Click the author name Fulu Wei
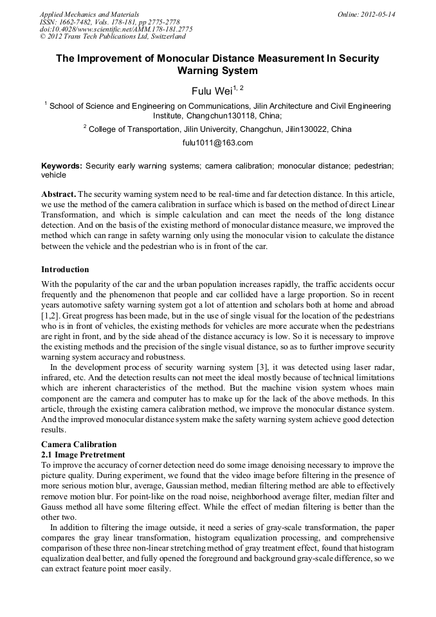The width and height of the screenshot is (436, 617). (x=211, y=91)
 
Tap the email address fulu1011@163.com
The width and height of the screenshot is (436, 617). (x=217, y=143)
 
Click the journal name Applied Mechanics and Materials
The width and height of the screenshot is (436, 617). (x=89, y=14)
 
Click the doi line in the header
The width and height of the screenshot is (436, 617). (x=116, y=29)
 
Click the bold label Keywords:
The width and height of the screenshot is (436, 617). (x=62, y=165)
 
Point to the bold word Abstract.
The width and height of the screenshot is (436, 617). (x=59, y=194)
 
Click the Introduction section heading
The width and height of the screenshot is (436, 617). (x=65, y=269)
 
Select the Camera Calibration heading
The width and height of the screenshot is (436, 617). (x=79, y=445)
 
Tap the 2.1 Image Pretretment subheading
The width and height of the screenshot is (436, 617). (x=83, y=454)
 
